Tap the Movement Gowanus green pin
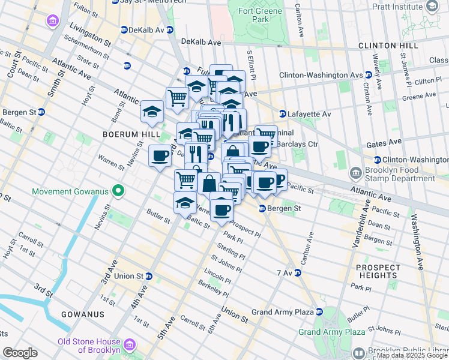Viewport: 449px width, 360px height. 119,192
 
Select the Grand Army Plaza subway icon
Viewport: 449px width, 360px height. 319,312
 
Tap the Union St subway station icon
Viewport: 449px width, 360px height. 149,276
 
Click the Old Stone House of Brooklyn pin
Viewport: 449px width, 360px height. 128,346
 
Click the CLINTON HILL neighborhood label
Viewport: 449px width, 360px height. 388,46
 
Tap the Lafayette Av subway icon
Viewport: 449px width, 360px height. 282,113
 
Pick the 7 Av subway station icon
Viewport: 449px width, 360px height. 297,273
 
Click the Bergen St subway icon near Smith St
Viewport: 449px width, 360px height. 41,112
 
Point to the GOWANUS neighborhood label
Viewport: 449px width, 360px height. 86,314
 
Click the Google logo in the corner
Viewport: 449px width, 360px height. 20,353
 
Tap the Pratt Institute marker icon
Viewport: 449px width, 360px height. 431,6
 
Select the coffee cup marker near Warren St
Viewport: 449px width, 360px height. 160,155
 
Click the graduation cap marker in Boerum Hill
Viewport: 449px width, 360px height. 152,111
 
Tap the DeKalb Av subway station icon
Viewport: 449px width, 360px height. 124,29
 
